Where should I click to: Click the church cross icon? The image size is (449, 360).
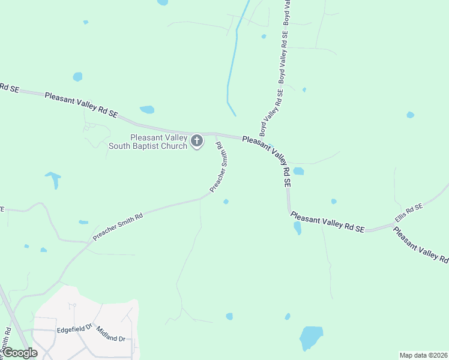pos(197,142)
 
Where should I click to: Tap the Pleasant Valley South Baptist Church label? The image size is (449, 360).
pos(148,142)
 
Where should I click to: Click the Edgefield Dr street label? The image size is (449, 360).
pos(74,329)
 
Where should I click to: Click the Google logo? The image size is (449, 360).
pos(19,353)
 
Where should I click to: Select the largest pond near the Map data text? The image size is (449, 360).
pos(311,338)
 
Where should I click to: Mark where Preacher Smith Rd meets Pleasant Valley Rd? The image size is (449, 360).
pos(215,134)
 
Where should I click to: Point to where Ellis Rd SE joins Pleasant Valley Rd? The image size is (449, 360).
pos(394,224)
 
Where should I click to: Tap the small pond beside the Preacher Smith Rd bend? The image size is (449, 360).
pos(226,202)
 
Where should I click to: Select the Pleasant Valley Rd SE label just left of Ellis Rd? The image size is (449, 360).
pos(327,221)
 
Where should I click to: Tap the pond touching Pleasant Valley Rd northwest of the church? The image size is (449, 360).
pos(147,110)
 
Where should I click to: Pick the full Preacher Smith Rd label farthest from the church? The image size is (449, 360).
pos(117,226)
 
